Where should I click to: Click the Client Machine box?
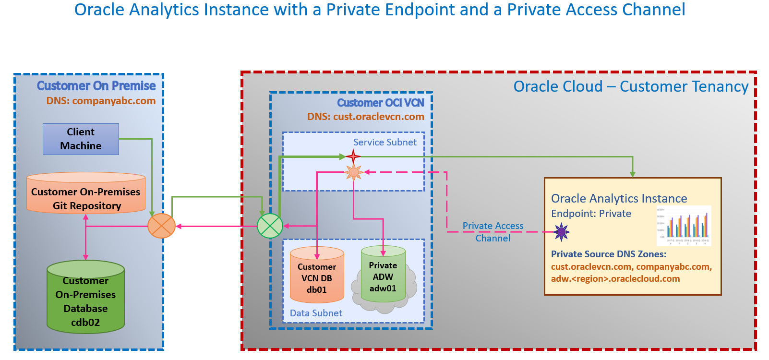coord(81,139)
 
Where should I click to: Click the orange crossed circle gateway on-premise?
coord(161,226)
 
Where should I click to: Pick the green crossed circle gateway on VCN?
coord(270,226)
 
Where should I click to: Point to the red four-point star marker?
coord(353,156)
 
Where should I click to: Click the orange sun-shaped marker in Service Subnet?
coord(354,172)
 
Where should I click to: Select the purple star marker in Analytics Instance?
coord(561,232)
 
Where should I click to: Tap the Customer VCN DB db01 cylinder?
coord(317,276)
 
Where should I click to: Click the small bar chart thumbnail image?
coord(684,226)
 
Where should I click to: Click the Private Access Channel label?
coord(493,232)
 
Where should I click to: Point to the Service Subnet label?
coord(385,142)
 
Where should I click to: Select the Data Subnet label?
coord(316,313)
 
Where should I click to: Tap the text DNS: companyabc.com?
coord(101,101)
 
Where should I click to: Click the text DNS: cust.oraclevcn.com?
coord(366,116)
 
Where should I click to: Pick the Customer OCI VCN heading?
coord(381,103)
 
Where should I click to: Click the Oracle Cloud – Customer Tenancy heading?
coord(631,86)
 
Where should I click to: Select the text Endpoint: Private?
coord(591,214)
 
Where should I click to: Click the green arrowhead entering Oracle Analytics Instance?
coord(633,174)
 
